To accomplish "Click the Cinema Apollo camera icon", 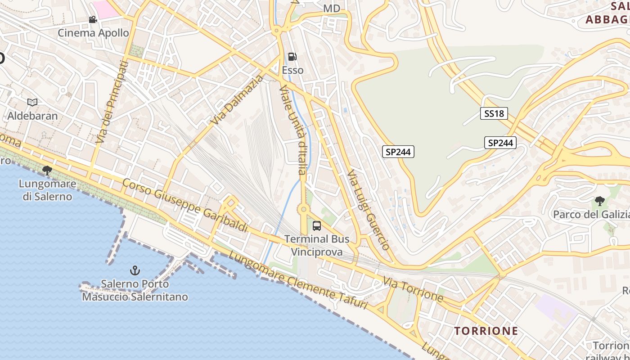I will tap(93, 19).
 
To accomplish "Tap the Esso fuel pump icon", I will tap(292, 57).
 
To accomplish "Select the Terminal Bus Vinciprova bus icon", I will tap(317, 225).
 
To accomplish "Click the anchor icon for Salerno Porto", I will tap(135, 270).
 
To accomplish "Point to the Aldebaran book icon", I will tap(32, 102).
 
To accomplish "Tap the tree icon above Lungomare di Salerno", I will tap(47, 170).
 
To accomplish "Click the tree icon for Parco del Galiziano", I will tap(599, 201).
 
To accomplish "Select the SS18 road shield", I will tap(494, 113).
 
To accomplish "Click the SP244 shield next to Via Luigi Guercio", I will tap(398, 152).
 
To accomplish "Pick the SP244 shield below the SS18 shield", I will tap(500, 143).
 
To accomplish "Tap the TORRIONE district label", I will tap(486, 331).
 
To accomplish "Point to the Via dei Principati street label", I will tap(112, 103).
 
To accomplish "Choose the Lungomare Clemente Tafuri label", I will tap(298, 281).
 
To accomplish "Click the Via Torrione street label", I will tap(413, 289).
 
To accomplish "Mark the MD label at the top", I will tap(332, 9).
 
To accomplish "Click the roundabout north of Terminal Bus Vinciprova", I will tap(304, 209).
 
